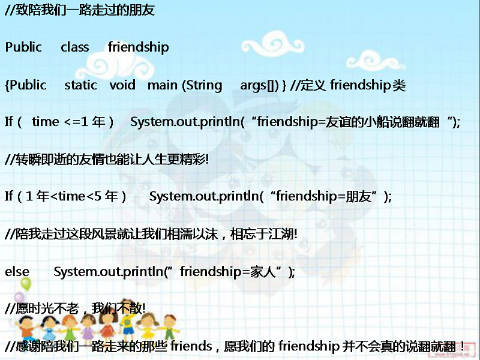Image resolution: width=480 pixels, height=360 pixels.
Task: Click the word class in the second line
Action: [x=74, y=47]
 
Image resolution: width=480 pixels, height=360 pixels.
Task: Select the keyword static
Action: [x=80, y=85]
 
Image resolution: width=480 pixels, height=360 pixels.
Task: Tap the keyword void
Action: [x=122, y=85]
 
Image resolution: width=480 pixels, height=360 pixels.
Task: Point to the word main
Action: [x=162, y=85]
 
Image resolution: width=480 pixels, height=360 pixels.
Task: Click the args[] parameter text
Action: [x=259, y=85]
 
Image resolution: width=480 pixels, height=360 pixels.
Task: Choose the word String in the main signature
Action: [x=204, y=85]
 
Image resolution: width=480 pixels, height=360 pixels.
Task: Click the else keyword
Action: [x=17, y=271]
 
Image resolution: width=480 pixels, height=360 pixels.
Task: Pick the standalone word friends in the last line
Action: [x=191, y=346]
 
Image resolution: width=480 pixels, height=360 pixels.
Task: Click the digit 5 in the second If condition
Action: [x=97, y=196]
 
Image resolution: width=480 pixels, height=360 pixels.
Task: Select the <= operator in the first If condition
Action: [x=72, y=122]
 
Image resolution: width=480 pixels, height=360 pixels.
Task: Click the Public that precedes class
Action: [x=23, y=47]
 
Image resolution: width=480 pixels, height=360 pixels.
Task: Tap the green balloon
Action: [x=26, y=283]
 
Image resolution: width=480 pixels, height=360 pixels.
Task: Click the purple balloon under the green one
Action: [x=19, y=298]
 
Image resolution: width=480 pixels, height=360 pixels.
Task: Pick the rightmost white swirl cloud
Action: [x=376, y=61]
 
